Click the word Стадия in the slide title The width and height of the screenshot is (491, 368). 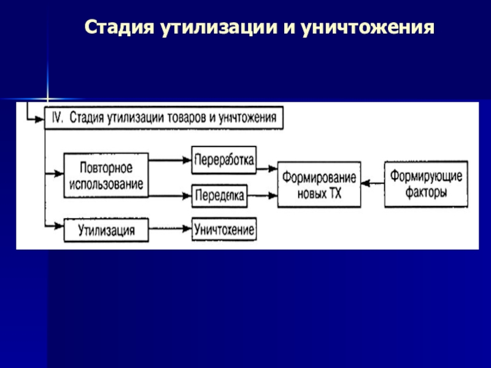(120, 28)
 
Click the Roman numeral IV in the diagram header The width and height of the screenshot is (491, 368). (56, 117)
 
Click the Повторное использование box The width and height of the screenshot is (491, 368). (106, 175)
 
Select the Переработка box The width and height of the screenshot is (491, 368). (224, 159)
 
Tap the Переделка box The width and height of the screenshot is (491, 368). (220, 196)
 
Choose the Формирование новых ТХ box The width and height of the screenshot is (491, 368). (319, 183)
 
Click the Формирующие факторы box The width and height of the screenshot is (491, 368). (426, 183)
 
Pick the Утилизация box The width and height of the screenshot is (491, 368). (106, 230)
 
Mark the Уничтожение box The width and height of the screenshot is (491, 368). (224, 229)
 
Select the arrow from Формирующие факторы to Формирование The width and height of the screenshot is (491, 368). (373, 183)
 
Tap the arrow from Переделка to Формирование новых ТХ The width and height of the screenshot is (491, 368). (263, 196)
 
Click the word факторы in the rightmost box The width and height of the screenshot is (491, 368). (426, 191)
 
